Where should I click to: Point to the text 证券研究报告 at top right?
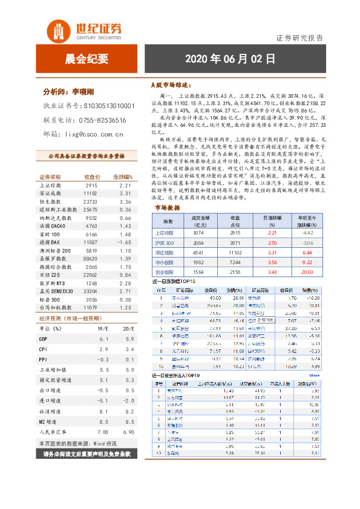299,37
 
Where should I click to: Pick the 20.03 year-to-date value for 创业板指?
307,273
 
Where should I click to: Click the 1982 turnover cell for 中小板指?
199,262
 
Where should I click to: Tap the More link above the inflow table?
314,375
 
